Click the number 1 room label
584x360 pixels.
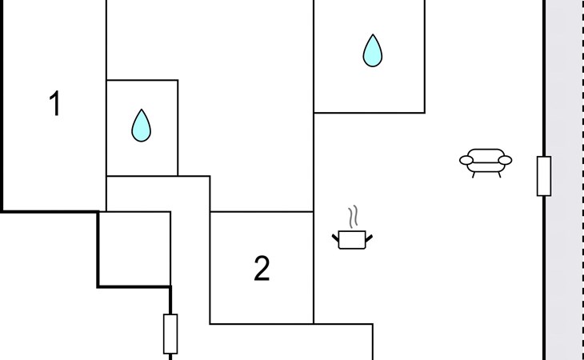pos(54,104)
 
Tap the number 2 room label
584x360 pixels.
pos(262,270)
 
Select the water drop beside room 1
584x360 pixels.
pos(141,126)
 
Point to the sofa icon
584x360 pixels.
pos(485,161)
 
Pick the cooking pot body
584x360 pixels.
pos(352,240)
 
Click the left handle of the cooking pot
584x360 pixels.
pos(336,236)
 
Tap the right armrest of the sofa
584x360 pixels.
pos(505,161)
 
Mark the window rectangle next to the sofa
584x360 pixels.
pos(544,176)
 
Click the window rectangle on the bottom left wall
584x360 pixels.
pos(170,334)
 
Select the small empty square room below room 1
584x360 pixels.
pos(134,248)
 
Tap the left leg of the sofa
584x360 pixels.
pos(474,174)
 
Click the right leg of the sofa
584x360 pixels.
pos(498,174)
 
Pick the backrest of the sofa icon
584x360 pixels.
pos(485,152)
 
